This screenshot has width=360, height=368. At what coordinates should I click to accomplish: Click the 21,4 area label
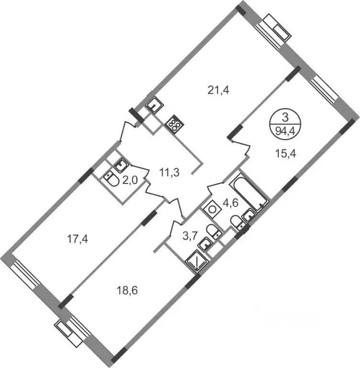tap(218, 90)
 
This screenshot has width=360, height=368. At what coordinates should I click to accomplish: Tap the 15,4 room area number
tap(285, 154)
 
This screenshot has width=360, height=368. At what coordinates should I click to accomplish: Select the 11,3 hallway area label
tap(169, 172)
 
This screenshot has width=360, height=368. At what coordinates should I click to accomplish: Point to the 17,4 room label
tap(78, 240)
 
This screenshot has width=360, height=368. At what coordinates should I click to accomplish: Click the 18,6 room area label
tap(127, 291)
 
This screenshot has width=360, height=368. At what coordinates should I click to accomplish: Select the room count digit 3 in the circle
tap(285, 117)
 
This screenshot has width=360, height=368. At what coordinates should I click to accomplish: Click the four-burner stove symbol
tap(175, 124)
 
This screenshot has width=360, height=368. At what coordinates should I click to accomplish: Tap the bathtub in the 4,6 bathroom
tap(249, 193)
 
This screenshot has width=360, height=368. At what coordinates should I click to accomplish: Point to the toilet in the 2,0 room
tap(112, 179)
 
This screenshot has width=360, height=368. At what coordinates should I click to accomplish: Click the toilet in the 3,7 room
tap(214, 231)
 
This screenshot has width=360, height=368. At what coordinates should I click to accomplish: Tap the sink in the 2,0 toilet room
tap(121, 165)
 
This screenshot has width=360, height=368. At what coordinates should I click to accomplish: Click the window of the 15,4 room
tap(324, 91)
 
